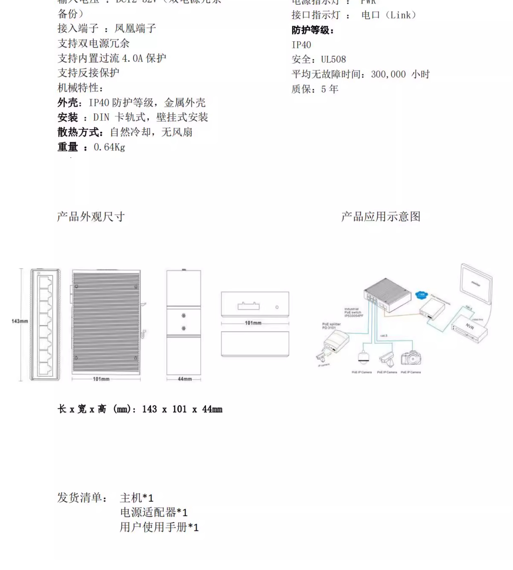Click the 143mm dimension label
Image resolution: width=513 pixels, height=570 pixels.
[x=20, y=321]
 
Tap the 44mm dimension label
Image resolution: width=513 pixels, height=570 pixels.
[x=185, y=379]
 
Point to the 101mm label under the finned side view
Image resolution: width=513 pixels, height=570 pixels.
[x=101, y=379]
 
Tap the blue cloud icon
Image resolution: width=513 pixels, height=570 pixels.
[x=421, y=295]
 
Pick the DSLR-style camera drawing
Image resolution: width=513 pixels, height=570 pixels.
[x=411, y=358]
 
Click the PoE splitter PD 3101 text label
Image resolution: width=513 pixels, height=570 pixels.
[x=331, y=326]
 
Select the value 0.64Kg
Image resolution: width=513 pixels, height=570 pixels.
[x=109, y=147]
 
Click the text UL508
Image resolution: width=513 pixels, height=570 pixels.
[x=333, y=59]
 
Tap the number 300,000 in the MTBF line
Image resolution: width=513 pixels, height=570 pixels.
[x=388, y=74]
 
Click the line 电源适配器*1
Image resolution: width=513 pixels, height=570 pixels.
[x=154, y=512]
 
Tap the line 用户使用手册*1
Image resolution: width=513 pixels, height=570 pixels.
[x=159, y=527]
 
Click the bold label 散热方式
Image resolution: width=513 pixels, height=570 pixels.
[x=80, y=132]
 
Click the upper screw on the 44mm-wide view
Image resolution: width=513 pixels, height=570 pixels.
[x=184, y=316]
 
